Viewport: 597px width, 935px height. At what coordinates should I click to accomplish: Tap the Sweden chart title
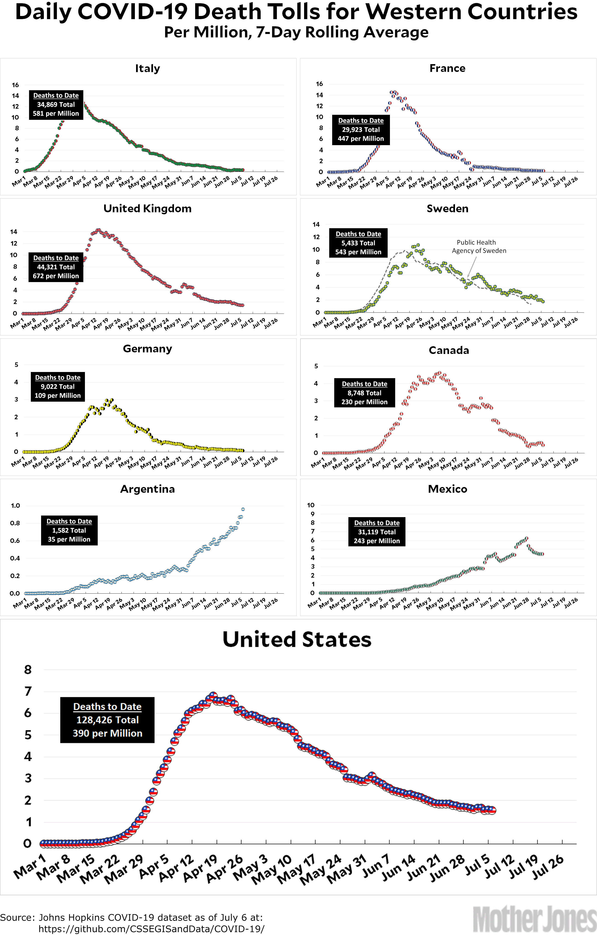(x=447, y=209)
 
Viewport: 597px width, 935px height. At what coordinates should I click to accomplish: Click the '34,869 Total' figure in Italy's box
(x=56, y=105)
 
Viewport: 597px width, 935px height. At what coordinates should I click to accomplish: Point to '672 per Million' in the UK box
(x=56, y=276)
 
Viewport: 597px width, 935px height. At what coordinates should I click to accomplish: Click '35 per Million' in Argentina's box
(x=69, y=539)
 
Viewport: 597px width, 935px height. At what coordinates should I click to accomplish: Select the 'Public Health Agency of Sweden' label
(x=479, y=246)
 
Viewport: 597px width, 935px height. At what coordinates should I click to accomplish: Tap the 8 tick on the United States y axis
(x=28, y=670)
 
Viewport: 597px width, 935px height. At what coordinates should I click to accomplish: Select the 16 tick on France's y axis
(x=319, y=84)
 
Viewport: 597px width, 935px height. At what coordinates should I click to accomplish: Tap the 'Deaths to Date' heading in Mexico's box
(x=377, y=523)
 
